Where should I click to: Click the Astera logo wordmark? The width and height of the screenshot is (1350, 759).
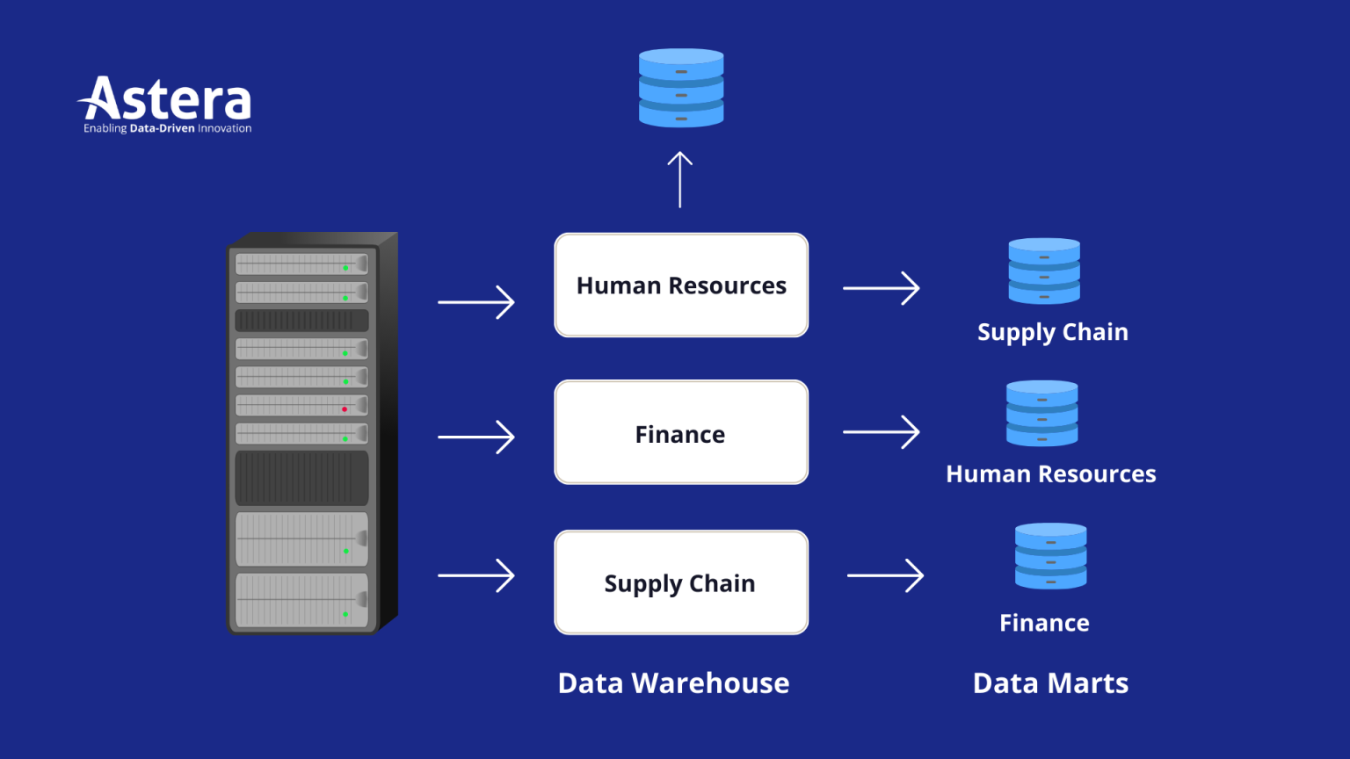point(167,99)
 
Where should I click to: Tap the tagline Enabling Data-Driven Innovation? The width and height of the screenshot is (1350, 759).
point(167,128)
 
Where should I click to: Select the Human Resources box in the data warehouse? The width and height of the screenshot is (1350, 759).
point(681,286)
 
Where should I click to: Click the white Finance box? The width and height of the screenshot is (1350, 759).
point(681,433)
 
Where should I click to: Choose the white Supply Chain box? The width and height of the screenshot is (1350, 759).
point(681,582)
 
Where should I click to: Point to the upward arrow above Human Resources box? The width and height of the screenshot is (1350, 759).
point(679,179)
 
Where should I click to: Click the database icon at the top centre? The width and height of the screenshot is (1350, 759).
point(681,88)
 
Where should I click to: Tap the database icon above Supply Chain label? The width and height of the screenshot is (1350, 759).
point(1044,271)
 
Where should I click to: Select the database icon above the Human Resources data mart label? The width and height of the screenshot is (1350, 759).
point(1042,413)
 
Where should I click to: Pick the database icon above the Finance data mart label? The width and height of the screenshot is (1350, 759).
point(1050,555)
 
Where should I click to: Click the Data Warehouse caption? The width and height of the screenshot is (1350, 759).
point(673,683)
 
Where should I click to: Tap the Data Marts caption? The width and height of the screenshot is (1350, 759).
point(1050,683)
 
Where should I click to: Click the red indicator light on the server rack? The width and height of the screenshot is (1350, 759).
point(345,409)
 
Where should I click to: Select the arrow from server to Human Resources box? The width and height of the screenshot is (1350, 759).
point(476,302)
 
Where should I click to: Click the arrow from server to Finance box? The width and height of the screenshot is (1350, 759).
point(476,437)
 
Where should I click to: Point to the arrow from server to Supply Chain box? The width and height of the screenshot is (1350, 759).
point(476,575)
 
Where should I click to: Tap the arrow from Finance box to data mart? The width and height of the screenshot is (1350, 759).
point(881,432)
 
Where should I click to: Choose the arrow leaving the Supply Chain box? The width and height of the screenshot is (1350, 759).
point(885,575)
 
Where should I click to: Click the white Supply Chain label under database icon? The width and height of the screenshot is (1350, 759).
point(1052,332)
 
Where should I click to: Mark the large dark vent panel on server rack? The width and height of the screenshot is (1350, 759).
point(301,478)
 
